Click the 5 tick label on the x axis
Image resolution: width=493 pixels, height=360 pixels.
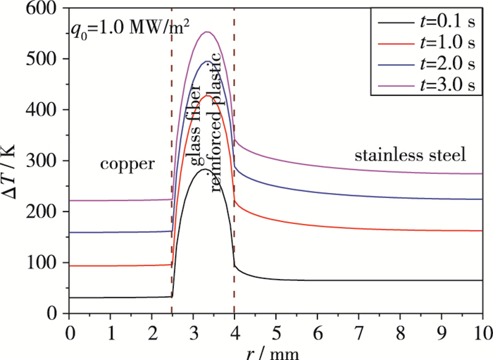pos(276,331)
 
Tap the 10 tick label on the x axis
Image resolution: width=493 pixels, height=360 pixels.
pos(481,331)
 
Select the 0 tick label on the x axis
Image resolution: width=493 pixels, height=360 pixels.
pos(69,331)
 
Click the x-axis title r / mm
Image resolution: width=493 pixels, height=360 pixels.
pos(276,352)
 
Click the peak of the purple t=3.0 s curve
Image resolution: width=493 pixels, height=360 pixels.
pos(208,32)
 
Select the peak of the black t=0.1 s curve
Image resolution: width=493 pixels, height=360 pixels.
pos(204,169)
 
